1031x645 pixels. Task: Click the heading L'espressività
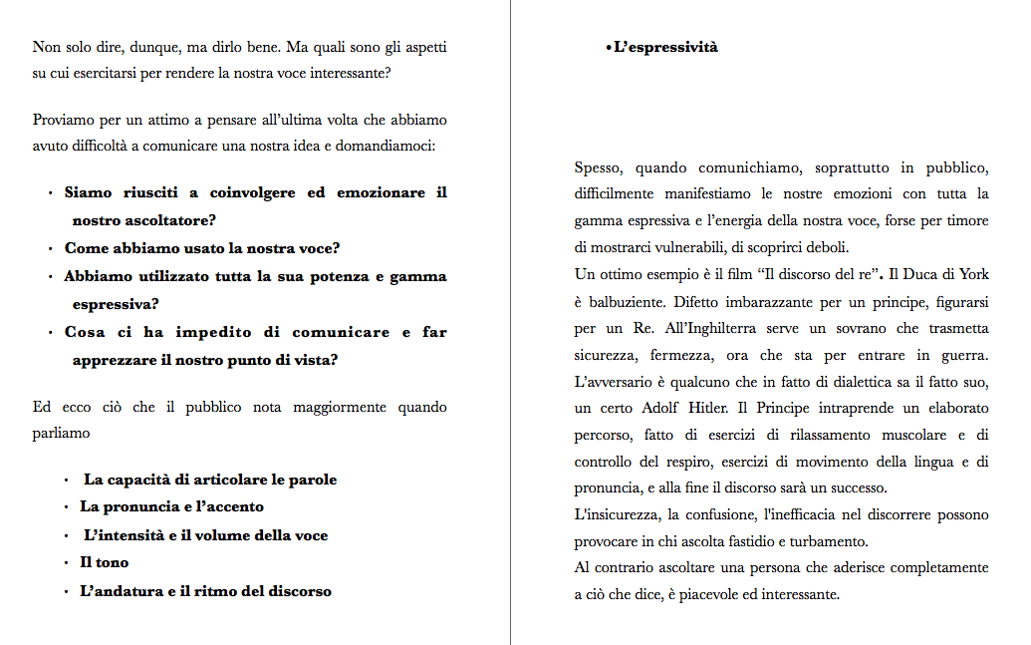tap(665, 47)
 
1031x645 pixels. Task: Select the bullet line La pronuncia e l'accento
tap(171, 506)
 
